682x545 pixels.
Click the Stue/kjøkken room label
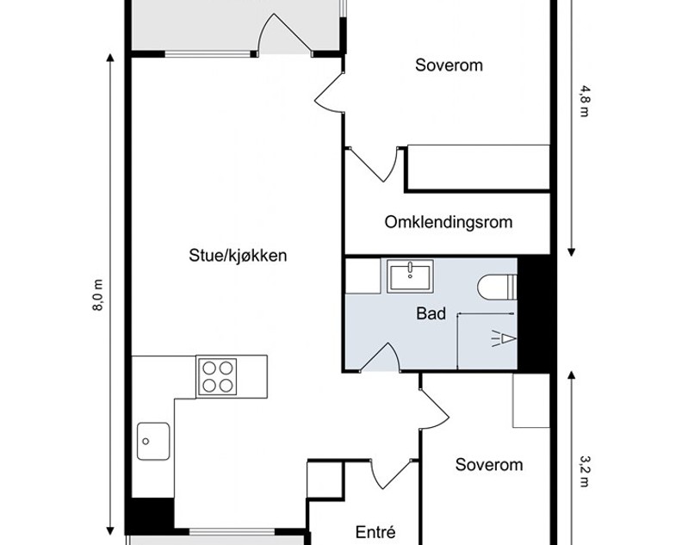point(238,256)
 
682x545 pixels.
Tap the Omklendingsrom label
point(449,222)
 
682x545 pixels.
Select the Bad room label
point(431,313)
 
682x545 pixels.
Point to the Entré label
point(375,531)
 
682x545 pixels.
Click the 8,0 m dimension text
point(98,295)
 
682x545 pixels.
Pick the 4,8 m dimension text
point(584,102)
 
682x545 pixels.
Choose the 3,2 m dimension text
point(584,471)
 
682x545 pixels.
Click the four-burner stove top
point(217,376)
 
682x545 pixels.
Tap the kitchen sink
point(153,441)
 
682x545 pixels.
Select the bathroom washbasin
point(410,276)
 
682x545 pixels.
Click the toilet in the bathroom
point(497,287)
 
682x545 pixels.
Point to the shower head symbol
point(504,338)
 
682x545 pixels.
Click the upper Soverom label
point(449,65)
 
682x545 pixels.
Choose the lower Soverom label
point(489,465)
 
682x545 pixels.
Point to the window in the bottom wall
point(232,531)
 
